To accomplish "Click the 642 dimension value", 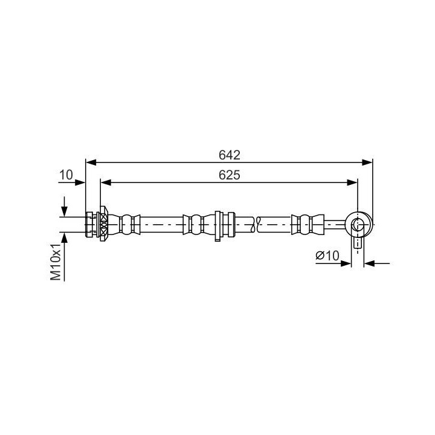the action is click(229, 155).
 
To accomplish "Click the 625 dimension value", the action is click(229, 175).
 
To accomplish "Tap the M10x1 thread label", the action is click(56, 262).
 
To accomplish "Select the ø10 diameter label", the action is click(327, 255).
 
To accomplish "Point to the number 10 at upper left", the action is click(66, 175).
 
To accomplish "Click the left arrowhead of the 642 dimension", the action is click(91, 163).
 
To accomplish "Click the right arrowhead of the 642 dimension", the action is click(367, 163).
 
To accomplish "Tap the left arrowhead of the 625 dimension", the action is click(106, 182).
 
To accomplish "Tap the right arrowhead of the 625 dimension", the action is click(352, 182).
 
